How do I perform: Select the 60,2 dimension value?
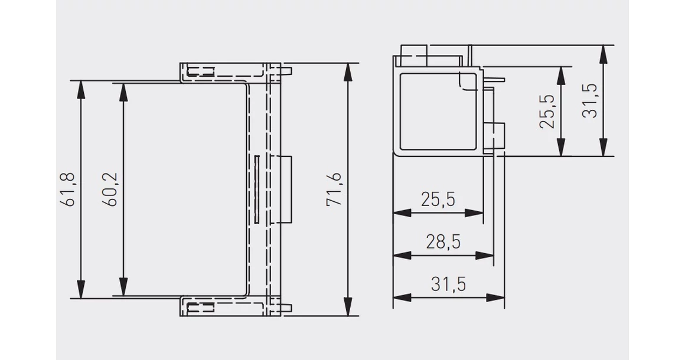(110, 189)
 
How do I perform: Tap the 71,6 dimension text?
(334, 189)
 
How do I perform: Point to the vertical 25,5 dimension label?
(547, 112)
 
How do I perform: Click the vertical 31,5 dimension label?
(590, 101)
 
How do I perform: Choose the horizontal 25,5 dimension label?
(438, 199)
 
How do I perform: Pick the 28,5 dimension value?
(443, 242)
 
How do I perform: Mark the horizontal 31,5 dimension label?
(449, 284)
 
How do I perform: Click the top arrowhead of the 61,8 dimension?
(80, 90)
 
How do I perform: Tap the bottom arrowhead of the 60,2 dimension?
(124, 287)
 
